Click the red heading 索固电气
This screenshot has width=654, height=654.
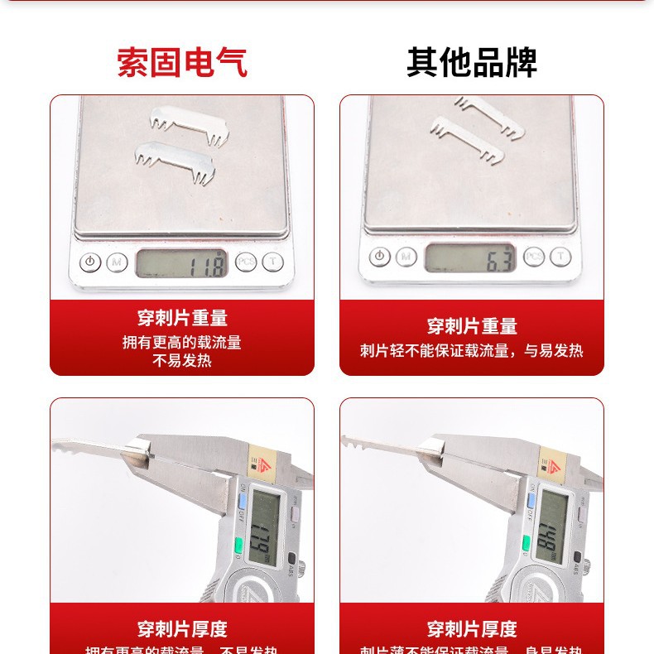(182, 63)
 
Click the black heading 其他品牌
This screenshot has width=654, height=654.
(472, 63)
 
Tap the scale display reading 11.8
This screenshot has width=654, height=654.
(181, 263)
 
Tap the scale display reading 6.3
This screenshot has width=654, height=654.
(470, 258)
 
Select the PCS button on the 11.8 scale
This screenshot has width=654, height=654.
(245, 262)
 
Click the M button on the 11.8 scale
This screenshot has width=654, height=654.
(117, 263)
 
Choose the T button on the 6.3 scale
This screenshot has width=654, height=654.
(561, 257)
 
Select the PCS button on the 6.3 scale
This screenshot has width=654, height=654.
(534, 257)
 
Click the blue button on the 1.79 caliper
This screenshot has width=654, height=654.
(243, 500)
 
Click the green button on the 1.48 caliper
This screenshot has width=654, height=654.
(527, 544)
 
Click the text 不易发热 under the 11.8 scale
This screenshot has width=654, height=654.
(182, 361)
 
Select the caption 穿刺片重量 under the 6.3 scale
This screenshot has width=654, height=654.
(472, 326)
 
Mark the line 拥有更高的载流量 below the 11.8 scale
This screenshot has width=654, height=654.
(182, 342)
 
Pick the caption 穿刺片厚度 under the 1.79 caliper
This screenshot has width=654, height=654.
(182, 629)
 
